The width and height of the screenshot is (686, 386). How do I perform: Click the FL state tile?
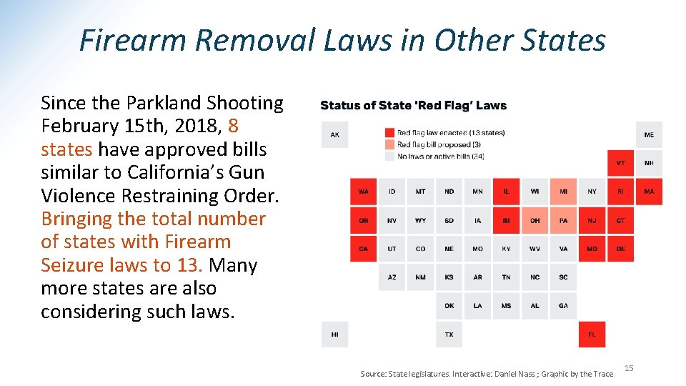[x=592, y=334]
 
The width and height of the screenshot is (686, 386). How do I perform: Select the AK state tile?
[x=334, y=134]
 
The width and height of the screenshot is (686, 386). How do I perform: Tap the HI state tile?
[x=334, y=334]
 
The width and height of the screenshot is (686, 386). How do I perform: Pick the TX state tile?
[x=449, y=334]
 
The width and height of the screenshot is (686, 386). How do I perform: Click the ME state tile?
[x=649, y=134]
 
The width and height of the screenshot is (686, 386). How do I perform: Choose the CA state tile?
[x=363, y=248]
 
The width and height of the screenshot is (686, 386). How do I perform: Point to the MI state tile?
[x=563, y=191]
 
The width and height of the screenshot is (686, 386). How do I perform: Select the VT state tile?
[x=620, y=163]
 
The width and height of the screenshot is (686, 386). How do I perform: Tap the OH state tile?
[x=535, y=220]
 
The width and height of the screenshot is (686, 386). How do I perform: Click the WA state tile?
[x=363, y=191]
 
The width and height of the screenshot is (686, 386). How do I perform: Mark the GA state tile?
[x=563, y=305]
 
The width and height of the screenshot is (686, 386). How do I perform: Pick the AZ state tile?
[x=392, y=277]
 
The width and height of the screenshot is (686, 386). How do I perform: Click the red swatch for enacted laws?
[x=389, y=132]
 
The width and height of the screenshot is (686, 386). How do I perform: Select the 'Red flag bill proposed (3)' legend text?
[x=439, y=144]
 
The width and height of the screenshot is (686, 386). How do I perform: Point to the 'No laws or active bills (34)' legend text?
[x=441, y=156]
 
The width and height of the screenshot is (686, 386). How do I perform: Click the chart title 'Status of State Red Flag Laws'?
[x=413, y=105]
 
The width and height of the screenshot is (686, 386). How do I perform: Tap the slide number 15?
[x=629, y=368]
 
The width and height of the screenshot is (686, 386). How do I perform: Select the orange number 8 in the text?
[x=233, y=127]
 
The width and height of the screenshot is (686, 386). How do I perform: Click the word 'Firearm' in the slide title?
[x=134, y=40]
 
